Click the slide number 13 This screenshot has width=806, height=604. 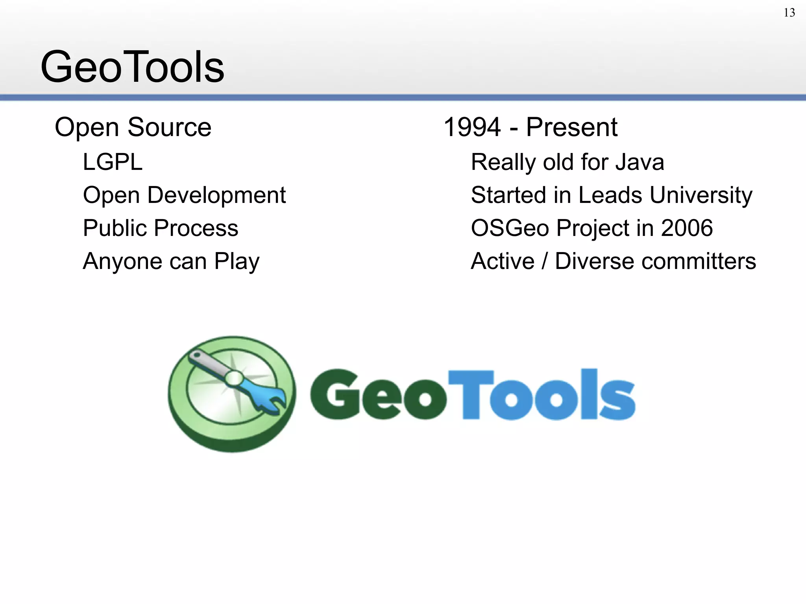(x=789, y=13)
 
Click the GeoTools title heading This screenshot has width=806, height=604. (x=132, y=67)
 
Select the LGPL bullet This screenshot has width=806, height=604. (x=113, y=162)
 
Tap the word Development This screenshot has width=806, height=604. (x=216, y=195)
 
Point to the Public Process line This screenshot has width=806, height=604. (x=161, y=228)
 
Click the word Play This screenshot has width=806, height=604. (x=237, y=261)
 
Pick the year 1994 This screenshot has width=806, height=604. (x=472, y=127)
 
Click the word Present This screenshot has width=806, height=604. (x=571, y=127)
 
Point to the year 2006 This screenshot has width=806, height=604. (x=687, y=228)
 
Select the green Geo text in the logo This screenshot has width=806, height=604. (x=378, y=395)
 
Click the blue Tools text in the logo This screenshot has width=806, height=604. (x=541, y=395)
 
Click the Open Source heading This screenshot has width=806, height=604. (x=133, y=127)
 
